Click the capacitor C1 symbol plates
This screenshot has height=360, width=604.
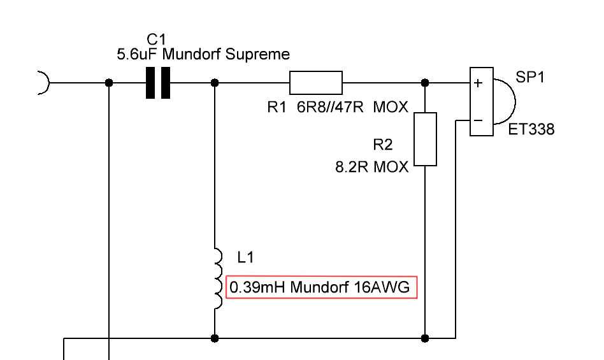tap(158, 83)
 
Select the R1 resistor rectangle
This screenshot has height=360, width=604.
tap(316, 83)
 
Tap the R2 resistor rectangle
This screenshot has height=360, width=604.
tap(426, 139)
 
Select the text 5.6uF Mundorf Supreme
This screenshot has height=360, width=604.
tap(203, 55)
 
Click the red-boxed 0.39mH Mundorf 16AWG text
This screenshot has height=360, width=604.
tap(321, 288)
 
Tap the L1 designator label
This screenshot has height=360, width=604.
tap(245, 257)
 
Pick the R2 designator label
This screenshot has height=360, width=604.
tap(382, 145)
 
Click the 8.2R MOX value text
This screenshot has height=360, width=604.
tap(372, 168)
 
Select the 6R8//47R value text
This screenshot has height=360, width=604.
tap(330, 108)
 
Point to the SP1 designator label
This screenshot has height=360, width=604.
tap(530, 77)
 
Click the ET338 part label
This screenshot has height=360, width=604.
tap(531, 130)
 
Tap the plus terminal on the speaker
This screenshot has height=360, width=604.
tap(478, 83)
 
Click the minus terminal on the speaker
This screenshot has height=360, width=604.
tap(478, 120)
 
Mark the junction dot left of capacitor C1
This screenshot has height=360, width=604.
tap(109, 83)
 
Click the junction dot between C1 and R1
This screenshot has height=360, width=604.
tap(215, 83)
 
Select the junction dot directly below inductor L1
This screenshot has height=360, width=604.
tap(215, 338)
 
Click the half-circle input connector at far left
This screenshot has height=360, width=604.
tap(43, 83)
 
